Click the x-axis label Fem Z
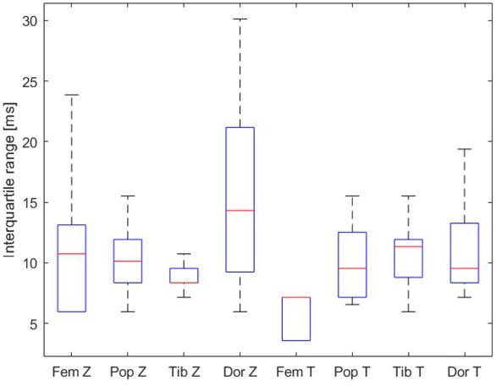(x=72, y=371)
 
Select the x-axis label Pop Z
(x=128, y=371)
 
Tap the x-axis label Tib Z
(x=184, y=371)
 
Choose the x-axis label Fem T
(x=296, y=371)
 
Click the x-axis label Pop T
(x=352, y=371)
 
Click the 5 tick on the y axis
(x=33, y=323)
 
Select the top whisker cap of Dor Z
(x=240, y=19)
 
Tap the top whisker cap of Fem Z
(x=72, y=95)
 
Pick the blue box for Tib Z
(x=184, y=275)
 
